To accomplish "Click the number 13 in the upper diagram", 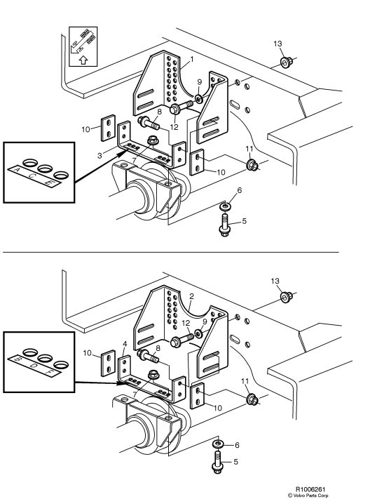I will [278, 44].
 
